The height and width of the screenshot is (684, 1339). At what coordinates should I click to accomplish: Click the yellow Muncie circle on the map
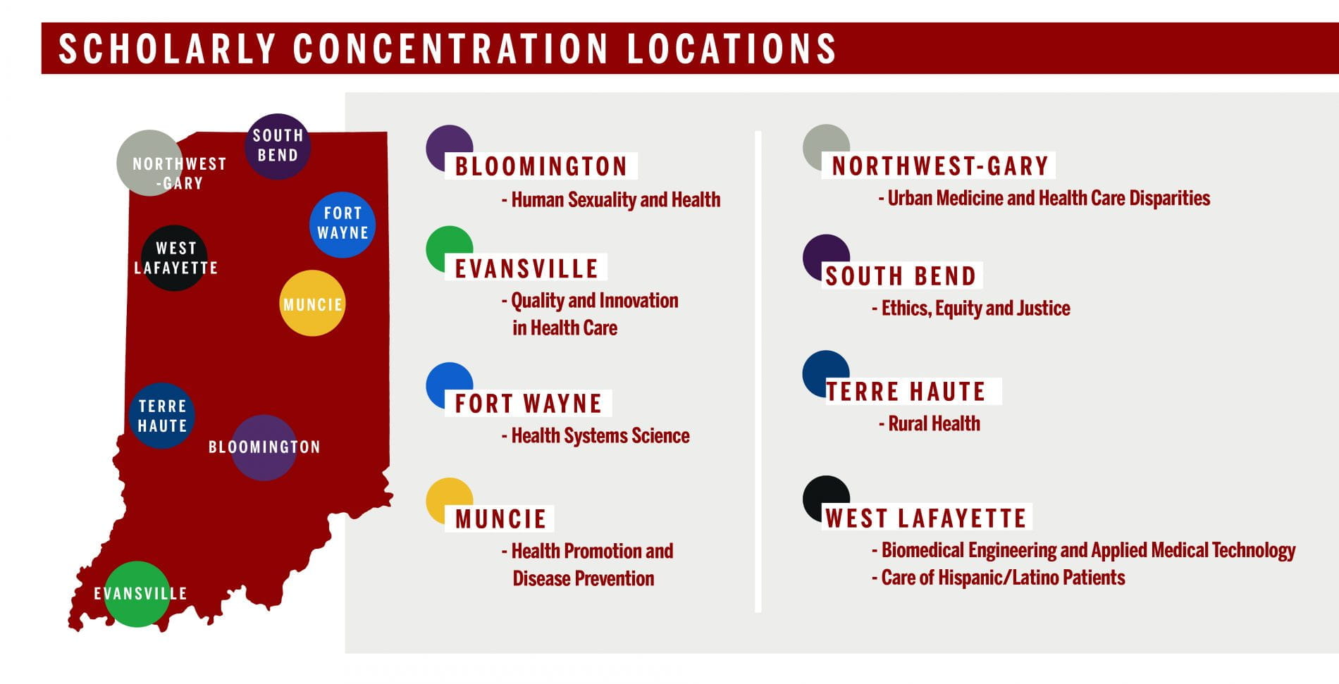coord(312,303)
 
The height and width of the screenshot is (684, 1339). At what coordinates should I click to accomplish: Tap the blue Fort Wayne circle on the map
coord(343,225)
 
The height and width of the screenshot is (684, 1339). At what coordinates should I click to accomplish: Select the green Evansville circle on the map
coord(137,594)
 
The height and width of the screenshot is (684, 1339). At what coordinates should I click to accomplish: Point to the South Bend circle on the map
coord(278,147)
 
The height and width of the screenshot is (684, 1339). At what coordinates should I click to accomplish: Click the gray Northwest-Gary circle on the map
coord(149,163)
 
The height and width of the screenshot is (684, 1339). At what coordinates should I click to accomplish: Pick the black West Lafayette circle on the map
coord(174,258)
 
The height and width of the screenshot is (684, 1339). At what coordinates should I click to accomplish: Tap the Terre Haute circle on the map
coord(162,416)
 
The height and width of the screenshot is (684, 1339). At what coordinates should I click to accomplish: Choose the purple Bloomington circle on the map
coord(264,448)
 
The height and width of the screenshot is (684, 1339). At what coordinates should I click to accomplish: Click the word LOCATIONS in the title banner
coord(731,49)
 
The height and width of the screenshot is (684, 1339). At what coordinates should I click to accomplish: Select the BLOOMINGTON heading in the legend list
coord(541,166)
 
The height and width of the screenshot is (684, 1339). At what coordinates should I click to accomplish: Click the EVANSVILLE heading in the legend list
coord(526,268)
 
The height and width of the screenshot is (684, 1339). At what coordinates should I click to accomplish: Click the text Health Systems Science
coord(600,436)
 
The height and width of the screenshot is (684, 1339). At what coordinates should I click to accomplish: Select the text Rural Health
coord(933,423)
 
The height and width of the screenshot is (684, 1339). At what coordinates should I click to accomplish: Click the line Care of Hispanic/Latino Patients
coord(1002,578)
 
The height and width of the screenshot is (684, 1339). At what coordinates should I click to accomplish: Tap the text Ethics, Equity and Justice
coord(975,308)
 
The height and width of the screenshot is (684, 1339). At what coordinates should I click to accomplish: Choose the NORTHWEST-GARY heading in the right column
coord(940,166)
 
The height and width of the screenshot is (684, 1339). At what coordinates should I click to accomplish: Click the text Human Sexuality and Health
coord(615,200)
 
